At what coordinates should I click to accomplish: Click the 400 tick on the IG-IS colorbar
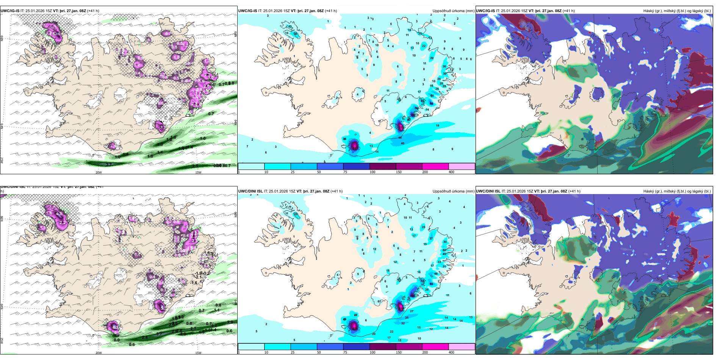coord(451,172)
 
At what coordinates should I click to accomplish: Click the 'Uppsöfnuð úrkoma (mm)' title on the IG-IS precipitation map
coord(453,11)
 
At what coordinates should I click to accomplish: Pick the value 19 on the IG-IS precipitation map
coord(437,125)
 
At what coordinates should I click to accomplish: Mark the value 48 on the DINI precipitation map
coord(436,274)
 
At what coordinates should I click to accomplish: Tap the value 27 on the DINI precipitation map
coord(412,311)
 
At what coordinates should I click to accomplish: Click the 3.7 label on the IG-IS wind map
coord(109,164)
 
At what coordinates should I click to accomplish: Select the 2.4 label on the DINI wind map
coord(144,337)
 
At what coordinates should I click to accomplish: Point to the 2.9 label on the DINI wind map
coord(230,322)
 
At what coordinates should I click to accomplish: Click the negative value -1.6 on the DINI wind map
coord(194,282)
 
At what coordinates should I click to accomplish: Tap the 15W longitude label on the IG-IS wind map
coord(198,172)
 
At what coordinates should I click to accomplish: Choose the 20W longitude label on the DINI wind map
coord(99,353)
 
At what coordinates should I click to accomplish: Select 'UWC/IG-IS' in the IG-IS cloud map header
coord(485,11)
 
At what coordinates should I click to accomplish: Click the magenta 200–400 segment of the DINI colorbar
coord(435,347)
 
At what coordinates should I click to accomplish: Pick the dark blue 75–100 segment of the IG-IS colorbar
coord(356,166)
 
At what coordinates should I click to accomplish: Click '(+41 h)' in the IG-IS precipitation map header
coord(331,11)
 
